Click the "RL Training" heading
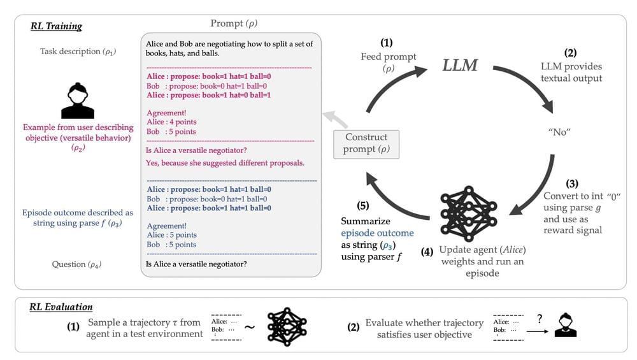(56, 27)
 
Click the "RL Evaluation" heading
(61, 308)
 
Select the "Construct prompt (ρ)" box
(366, 143)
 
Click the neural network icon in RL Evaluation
(287, 327)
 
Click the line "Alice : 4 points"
(171, 122)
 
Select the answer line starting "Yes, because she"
(225, 163)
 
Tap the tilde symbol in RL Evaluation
(249, 328)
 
